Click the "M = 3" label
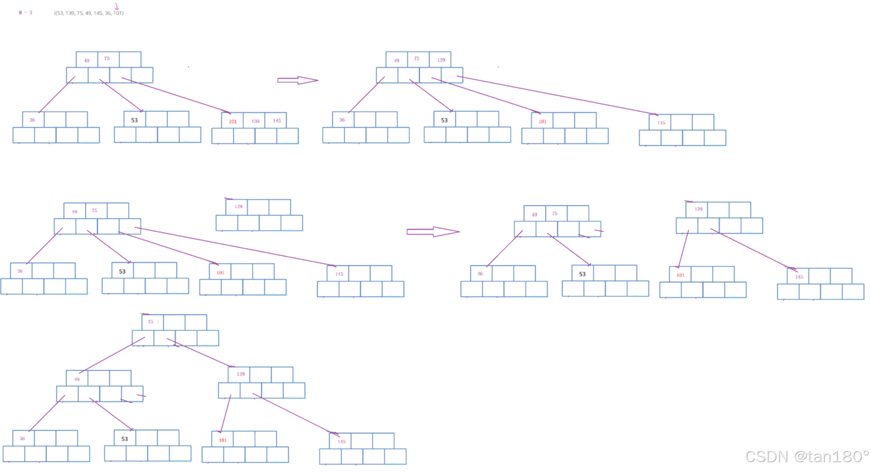[25, 12]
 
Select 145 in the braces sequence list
[98, 13]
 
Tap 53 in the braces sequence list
[60, 13]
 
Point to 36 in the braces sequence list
[108, 13]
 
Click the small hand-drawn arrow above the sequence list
[117, 6]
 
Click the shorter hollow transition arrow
[297, 80]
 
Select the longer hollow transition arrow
[433, 232]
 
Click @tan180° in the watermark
[831, 456]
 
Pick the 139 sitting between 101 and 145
[255, 121]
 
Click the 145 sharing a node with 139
[277, 121]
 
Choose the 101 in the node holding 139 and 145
[233, 121]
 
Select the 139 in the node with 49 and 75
[441, 60]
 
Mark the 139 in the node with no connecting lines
[238, 206]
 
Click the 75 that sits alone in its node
[151, 322]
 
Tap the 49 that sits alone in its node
[77, 379]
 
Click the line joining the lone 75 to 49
[112, 355]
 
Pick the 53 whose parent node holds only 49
[124, 439]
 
